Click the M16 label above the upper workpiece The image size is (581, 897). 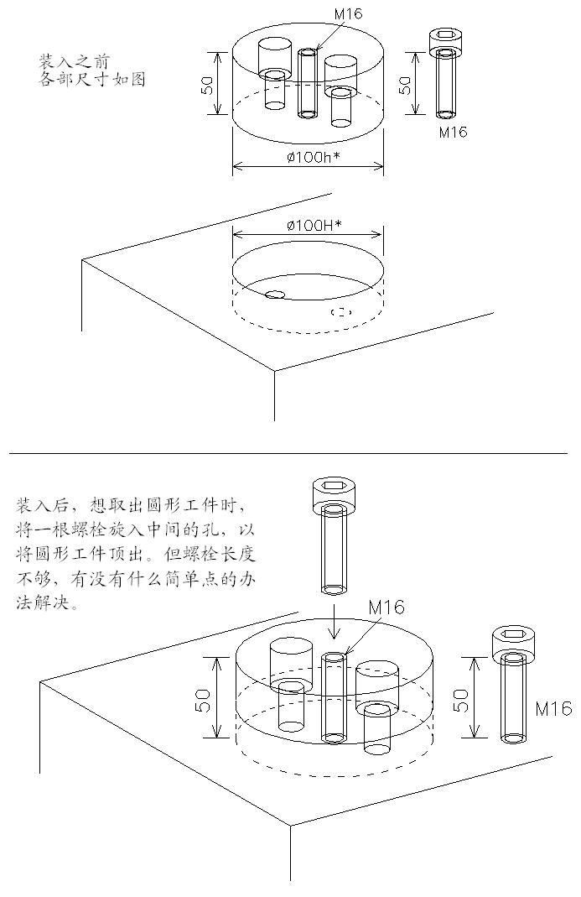point(348,13)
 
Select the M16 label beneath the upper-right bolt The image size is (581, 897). point(453,132)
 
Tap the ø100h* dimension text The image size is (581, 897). point(313,157)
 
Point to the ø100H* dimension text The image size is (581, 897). point(314,226)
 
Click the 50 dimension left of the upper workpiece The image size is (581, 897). point(208,86)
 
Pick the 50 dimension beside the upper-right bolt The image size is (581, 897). point(404,86)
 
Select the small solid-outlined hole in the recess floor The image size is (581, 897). point(274,294)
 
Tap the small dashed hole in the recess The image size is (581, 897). point(341,312)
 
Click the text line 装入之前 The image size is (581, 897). point(74,61)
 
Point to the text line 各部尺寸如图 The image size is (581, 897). point(91,78)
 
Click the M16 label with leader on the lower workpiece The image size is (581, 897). point(386,607)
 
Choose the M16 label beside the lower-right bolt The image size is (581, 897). point(553,708)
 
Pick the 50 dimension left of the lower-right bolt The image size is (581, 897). point(461,699)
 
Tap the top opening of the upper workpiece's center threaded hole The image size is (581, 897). point(308,53)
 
